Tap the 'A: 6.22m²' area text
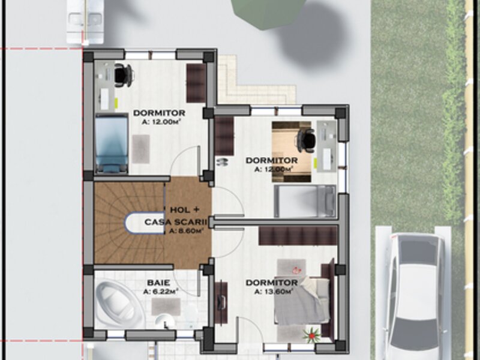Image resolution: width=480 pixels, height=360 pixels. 161,292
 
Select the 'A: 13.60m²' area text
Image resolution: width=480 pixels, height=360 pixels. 274,292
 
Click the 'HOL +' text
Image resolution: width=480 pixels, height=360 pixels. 185,210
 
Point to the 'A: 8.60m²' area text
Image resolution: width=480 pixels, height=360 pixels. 186,231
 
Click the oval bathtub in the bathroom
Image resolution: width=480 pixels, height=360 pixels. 119,304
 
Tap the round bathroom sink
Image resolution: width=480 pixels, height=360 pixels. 165,322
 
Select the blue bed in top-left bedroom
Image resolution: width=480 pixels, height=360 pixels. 112,143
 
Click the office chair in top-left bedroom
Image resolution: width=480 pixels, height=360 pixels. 124,74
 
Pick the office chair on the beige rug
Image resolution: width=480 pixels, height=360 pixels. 306,140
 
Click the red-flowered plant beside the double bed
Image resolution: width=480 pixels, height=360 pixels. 311,335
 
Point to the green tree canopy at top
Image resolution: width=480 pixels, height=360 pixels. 268,11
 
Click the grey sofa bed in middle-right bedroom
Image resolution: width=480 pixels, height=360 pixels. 305,201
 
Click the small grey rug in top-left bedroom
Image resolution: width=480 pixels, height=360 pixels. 141,149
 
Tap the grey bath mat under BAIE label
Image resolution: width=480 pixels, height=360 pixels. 166,307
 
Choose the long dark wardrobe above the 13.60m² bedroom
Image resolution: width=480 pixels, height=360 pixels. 298,235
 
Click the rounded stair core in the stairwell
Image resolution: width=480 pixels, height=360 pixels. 145,223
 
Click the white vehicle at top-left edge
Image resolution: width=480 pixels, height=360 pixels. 85,22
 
